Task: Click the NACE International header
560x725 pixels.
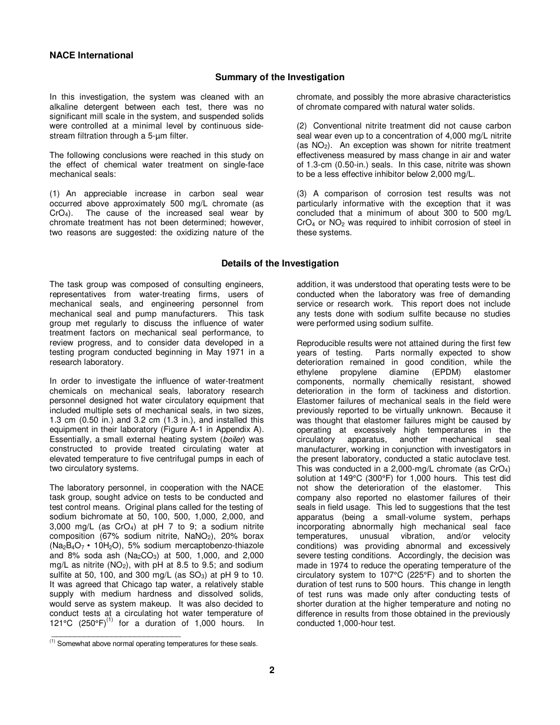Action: (91, 55)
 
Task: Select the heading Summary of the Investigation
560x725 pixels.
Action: (279, 77)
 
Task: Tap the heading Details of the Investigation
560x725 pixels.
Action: (280, 263)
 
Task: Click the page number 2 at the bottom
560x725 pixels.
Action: (272, 670)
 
